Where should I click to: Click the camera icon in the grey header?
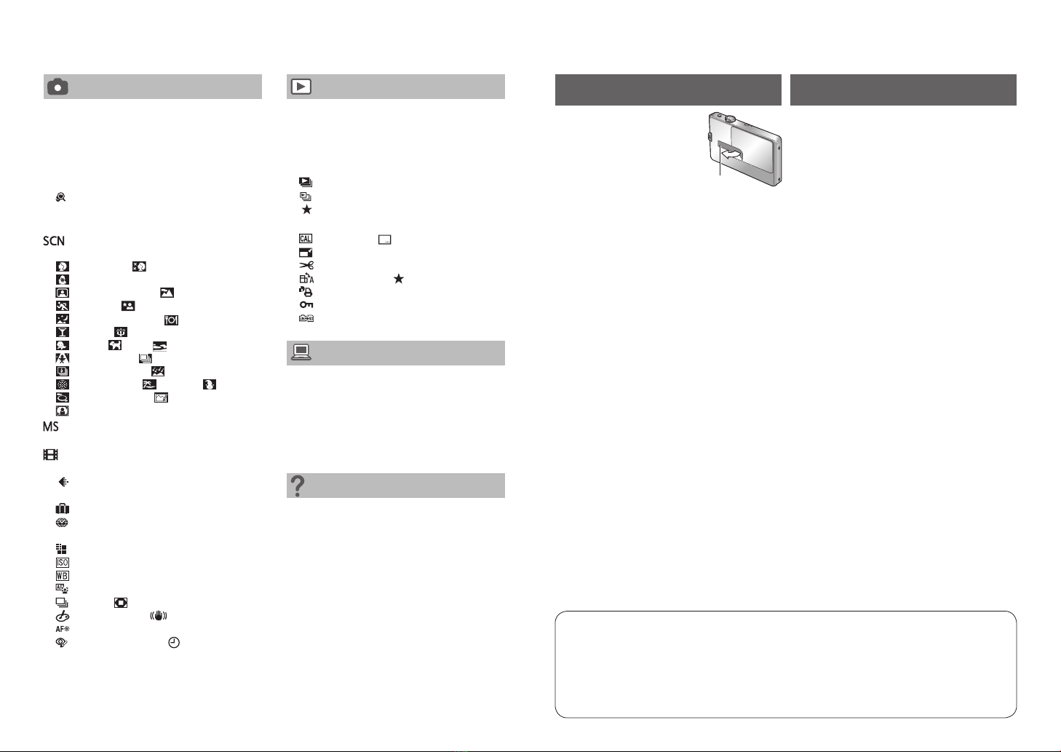pyautogui.click(x=57, y=87)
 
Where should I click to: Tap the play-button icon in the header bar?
pyautogui.click(x=301, y=87)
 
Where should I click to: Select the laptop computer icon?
pyautogui.click(x=301, y=352)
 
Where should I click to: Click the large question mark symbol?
pyautogui.click(x=298, y=486)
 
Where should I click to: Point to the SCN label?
pyautogui.click(x=54, y=241)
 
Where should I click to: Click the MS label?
pyautogui.click(x=51, y=427)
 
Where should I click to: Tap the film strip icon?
pyautogui.click(x=51, y=455)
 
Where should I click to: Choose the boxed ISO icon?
pyautogui.click(x=62, y=563)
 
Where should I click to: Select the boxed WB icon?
pyautogui.click(x=62, y=576)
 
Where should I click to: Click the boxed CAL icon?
pyautogui.click(x=306, y=239)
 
